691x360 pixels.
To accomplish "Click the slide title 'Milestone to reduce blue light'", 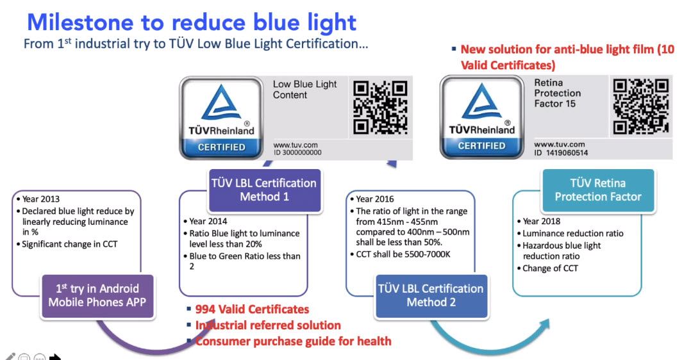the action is click(192, 22).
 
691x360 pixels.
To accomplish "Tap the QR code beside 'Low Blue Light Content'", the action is click(380, 107).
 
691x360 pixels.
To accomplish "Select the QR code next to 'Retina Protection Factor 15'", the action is click(641, 106).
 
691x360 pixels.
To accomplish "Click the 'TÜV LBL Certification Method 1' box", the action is click(264, 190).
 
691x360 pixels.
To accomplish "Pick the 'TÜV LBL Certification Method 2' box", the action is click(431, 296).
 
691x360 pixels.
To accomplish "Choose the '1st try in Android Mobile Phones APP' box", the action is click(97, 296).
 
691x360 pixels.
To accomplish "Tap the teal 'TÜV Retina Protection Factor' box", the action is click(598, 190).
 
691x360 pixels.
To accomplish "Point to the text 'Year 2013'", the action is click(41, 199).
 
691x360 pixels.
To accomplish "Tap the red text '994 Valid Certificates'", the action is click(252, 309).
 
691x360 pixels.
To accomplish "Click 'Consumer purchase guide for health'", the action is click(294, 341).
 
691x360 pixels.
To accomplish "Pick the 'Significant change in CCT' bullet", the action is click(70, 244).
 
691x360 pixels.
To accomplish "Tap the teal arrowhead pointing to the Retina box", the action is click(544, 326).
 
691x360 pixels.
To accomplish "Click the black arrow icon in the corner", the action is click(55, 356).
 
